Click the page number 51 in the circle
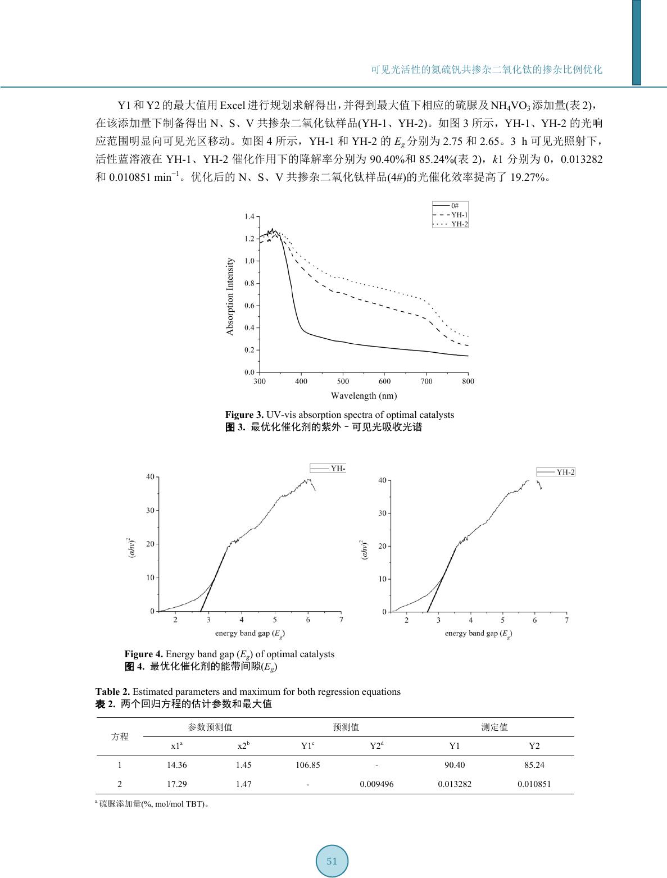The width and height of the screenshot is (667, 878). (332, 861)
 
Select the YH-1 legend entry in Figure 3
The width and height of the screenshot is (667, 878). (459, 215)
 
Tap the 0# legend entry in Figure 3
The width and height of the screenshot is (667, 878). (454, 206)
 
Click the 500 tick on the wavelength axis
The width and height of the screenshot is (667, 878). (343, 381)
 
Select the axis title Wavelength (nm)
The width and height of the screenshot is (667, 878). (364, 395)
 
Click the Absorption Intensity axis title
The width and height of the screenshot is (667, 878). (230, 297)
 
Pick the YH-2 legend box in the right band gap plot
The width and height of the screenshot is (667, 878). (555, 472)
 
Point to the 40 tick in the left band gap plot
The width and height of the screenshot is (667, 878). (150, 477)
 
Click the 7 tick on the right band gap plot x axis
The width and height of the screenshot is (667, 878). (566, 621)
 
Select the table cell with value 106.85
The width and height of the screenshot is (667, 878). (308, 765)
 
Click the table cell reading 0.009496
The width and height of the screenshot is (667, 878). (376, 784)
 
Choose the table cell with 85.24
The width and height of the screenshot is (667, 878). (534, 765)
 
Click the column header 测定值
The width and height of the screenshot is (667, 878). (494, 727)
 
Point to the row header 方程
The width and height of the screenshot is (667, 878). (120, 736)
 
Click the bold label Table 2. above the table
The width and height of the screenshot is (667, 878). (112, 692)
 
